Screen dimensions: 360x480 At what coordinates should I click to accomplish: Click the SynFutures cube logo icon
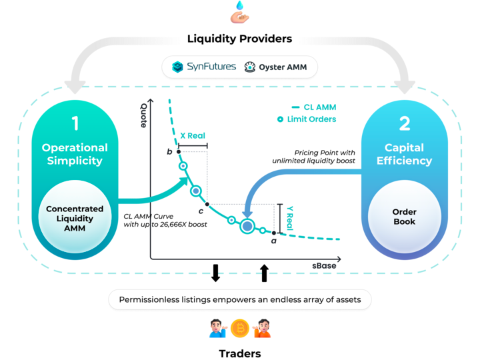[178, 67]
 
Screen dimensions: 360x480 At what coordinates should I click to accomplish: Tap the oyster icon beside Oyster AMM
[249, 67]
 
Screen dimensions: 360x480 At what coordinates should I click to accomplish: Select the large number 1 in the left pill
[75, 123]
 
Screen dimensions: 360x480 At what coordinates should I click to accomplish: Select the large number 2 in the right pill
[404, 123]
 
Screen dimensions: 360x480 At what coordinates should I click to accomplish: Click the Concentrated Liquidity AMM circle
[75, 219]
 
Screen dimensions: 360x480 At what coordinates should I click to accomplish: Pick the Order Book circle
[404, 217]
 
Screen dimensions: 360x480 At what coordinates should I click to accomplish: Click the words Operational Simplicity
[75, 154]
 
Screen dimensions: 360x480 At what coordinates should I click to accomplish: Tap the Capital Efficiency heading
[404, 154]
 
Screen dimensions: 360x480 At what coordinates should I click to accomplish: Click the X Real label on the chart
[191, 135]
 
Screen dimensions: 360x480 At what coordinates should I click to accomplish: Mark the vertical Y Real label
[289, 217]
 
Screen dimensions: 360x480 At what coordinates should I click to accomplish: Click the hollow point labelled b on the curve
[179, 152]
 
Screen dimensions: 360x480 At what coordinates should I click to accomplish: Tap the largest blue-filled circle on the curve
[247, 226]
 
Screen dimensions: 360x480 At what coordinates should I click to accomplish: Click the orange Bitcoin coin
[239, 328]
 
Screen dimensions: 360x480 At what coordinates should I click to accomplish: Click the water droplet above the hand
[240, 5]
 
